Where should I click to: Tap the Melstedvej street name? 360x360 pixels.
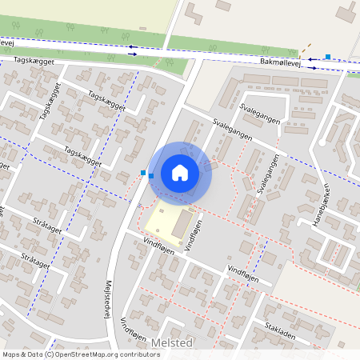point(106,298)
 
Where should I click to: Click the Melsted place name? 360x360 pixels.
point(173,342)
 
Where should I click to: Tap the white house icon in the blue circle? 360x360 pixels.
point(180,172)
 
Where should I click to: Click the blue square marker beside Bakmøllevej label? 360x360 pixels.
point(328,57)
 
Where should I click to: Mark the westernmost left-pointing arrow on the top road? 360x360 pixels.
point(132,46)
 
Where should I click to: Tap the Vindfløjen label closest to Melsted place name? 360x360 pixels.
point(134,329)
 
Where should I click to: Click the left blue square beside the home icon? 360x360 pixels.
point(143,172)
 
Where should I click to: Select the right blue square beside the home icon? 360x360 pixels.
point(150,176)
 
